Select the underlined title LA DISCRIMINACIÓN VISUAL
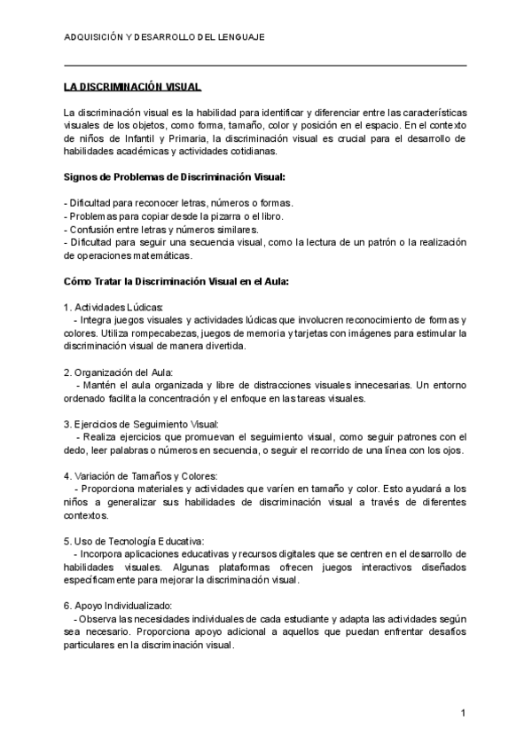tap(133, 88)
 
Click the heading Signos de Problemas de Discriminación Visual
tap(175, 176)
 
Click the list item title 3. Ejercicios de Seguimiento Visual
tap(141, 424)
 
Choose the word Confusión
tap(92, 230)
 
